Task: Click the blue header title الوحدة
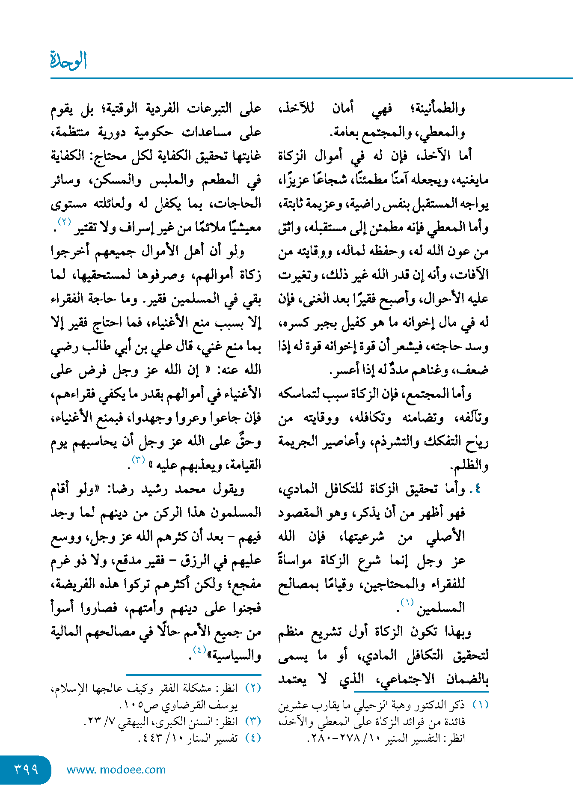click(x=68, y=60)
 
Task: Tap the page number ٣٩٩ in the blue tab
click(x=26, y=770)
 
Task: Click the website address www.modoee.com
click(x=116, y=770)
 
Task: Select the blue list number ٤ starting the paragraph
click(x=478, y=489)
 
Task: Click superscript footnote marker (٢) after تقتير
click(x=65, y=222)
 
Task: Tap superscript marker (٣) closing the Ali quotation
click(x=138, y=460)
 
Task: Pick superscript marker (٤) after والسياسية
click(x=200, y=649)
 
